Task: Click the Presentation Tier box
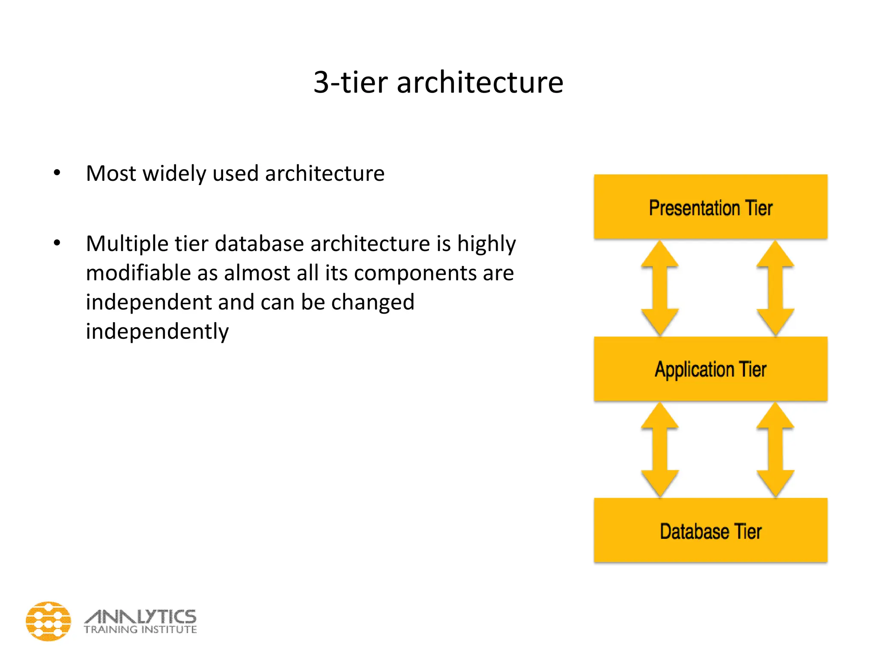(710, 207)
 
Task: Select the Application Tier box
(710, 369)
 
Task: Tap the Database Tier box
(710, 530)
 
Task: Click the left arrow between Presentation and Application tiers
(659, 288)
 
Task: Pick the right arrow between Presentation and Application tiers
(775, 288)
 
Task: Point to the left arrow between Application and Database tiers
(659, 450)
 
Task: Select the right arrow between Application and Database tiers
(775, 450)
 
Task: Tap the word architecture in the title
(480, 82)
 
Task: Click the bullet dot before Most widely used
(57, 173)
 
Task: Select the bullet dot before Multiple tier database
(57, 243)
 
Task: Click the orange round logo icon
(48, 621)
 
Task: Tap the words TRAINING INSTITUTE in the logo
(140, 630)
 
